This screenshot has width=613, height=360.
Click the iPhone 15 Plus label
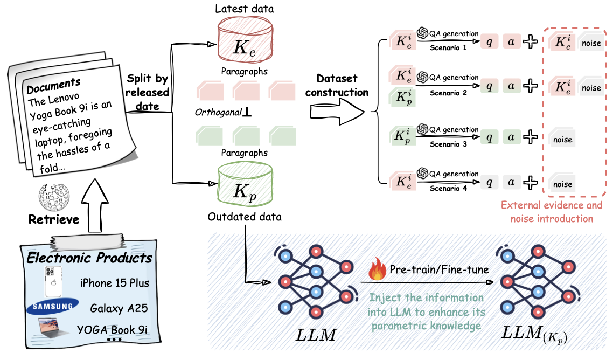click(x=114, y=283)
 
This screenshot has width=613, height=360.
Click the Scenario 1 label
click(x=448, y=48)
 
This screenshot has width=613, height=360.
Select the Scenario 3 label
click(x=448, y=144)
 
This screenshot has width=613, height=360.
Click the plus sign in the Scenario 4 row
click(x=530, y=182)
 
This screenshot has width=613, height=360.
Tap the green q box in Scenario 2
click(x=489, y=85)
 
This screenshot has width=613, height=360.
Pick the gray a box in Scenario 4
click(x=511, y=182)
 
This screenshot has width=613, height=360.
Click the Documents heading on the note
click(x=53, y=85)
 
